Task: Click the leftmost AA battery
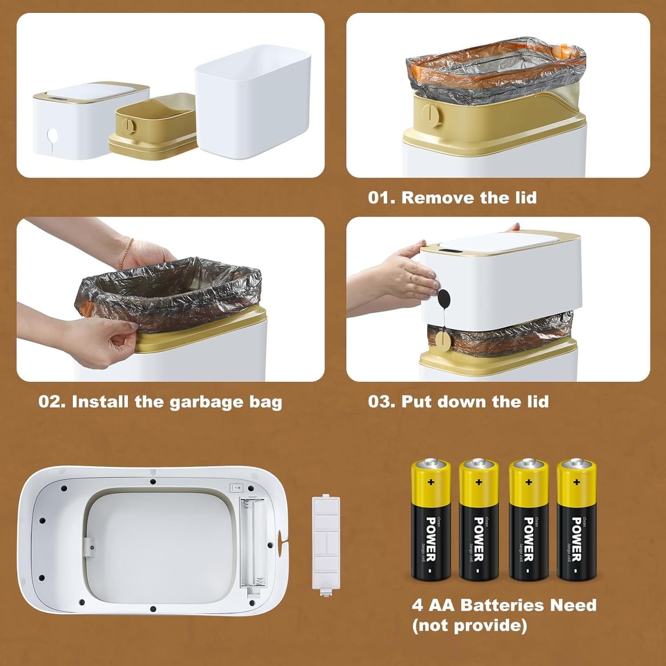point(430,519)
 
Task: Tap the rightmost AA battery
point(576,519)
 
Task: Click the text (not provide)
point(469,626)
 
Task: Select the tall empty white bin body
point(253,104)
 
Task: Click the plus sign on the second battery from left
point(479,482)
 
